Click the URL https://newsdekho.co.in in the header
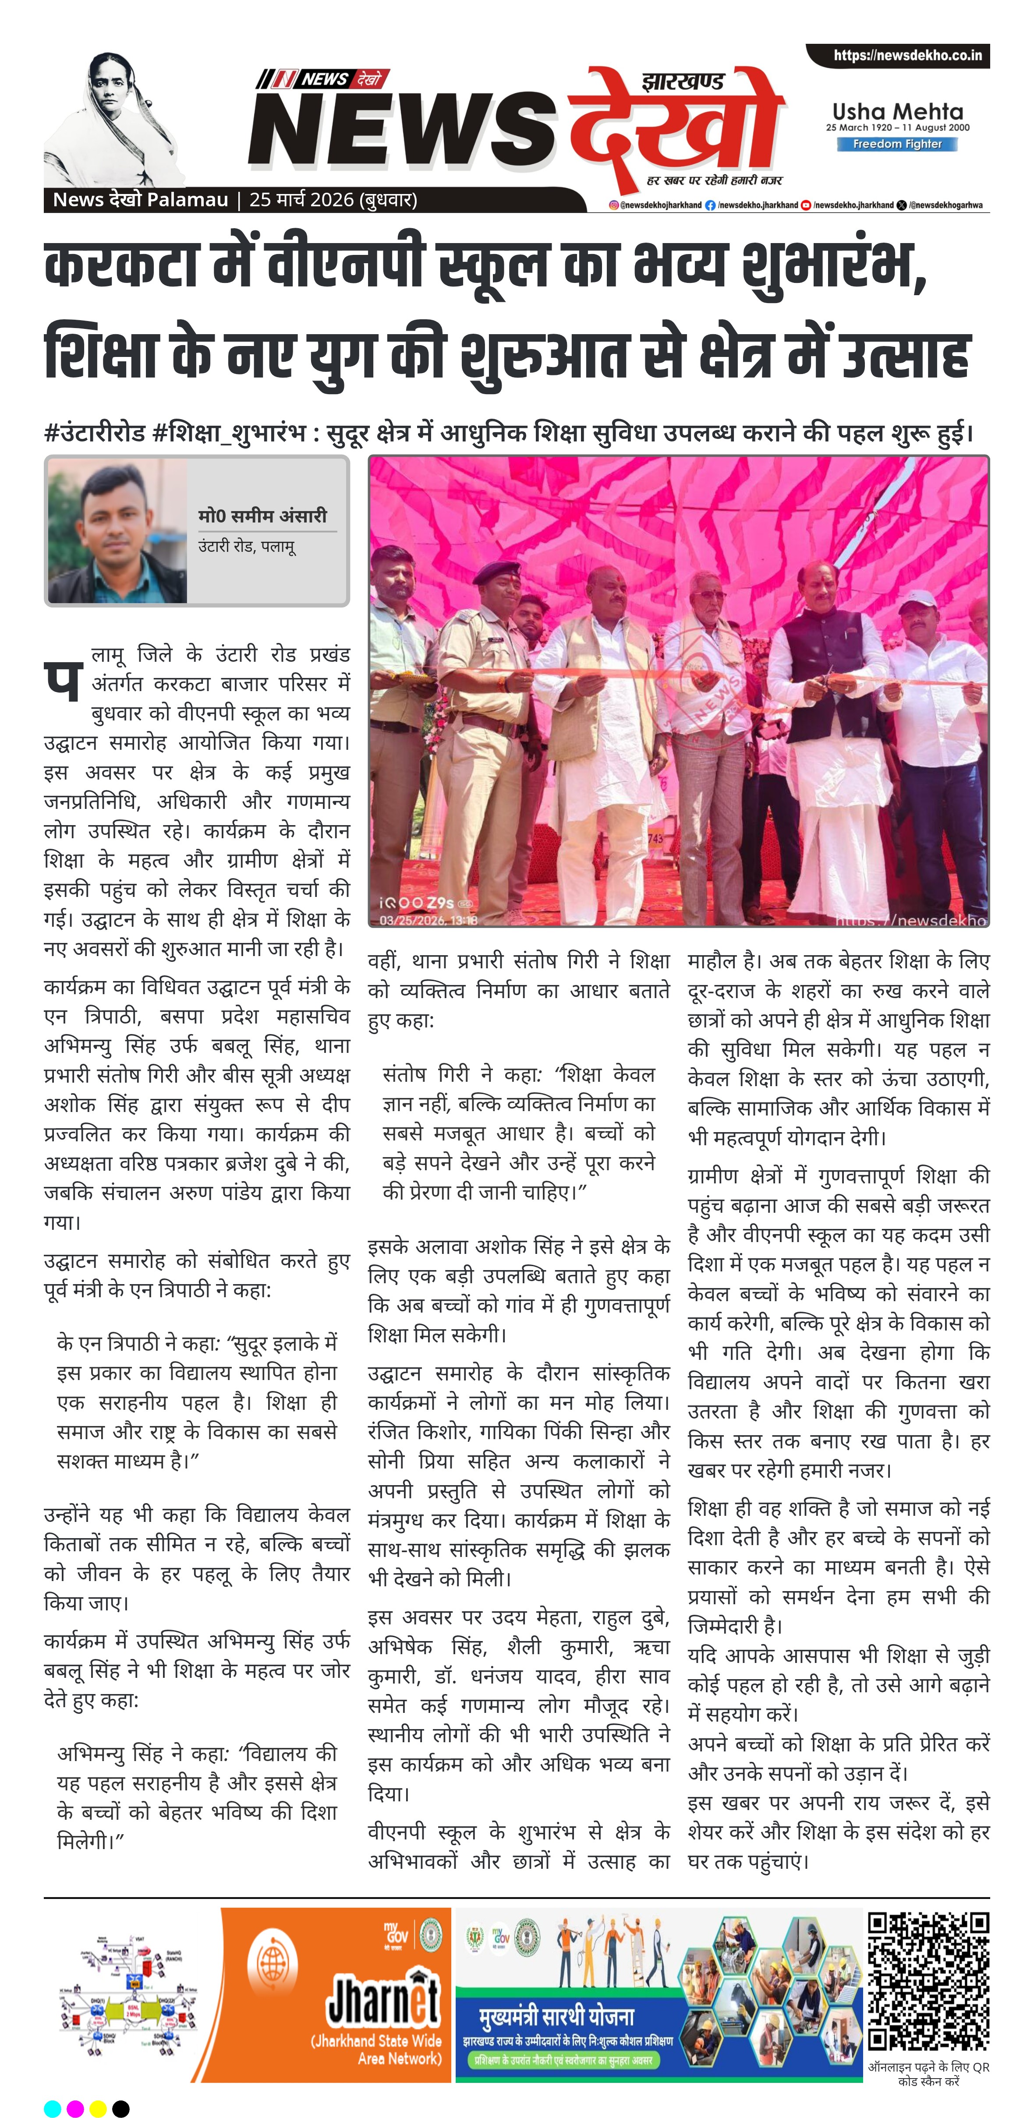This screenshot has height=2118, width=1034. [x=907, y=56]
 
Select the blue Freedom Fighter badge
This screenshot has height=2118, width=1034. [x=896, y=144]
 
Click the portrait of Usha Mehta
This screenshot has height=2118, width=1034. [x=115, y=119]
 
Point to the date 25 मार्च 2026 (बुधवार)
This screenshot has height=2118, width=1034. [x=333, y=200]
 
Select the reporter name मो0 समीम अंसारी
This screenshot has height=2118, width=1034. [x=262, y=515]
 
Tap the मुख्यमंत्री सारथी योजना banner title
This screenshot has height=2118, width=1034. [x=557, y=2017]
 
